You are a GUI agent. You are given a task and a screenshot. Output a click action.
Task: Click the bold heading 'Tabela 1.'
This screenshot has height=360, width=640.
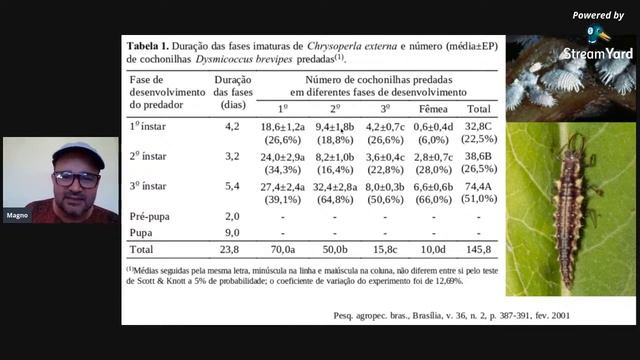(146, 46)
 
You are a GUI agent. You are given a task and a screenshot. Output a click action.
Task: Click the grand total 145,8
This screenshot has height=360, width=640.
(478, 249)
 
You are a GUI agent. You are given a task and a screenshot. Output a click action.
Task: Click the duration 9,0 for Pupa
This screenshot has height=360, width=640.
(232, 232)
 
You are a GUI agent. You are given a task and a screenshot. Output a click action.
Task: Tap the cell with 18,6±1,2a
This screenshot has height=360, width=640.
(282, 127)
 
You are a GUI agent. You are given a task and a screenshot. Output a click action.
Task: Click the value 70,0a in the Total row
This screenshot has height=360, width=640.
(283, 249)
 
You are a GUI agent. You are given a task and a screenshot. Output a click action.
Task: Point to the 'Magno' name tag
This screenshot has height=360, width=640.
(16, 216)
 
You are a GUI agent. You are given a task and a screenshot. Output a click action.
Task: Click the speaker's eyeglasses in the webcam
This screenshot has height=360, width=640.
(76, 178)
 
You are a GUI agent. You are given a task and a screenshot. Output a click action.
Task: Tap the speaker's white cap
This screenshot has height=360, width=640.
(77, 152)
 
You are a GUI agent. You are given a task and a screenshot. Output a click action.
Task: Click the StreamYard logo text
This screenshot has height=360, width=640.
(597, 53)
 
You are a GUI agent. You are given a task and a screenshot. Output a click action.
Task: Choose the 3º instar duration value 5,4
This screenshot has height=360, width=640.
(232, 186)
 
